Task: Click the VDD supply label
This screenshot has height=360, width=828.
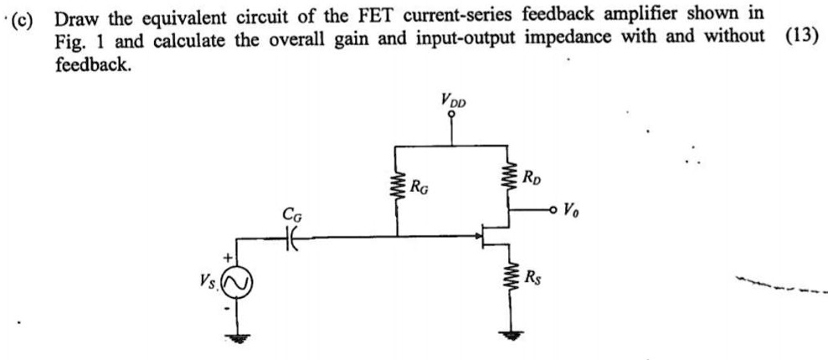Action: pyautogui.click(x=453, y=101)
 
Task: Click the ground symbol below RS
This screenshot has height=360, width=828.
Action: pyautogui.click(x=506, y=333)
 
